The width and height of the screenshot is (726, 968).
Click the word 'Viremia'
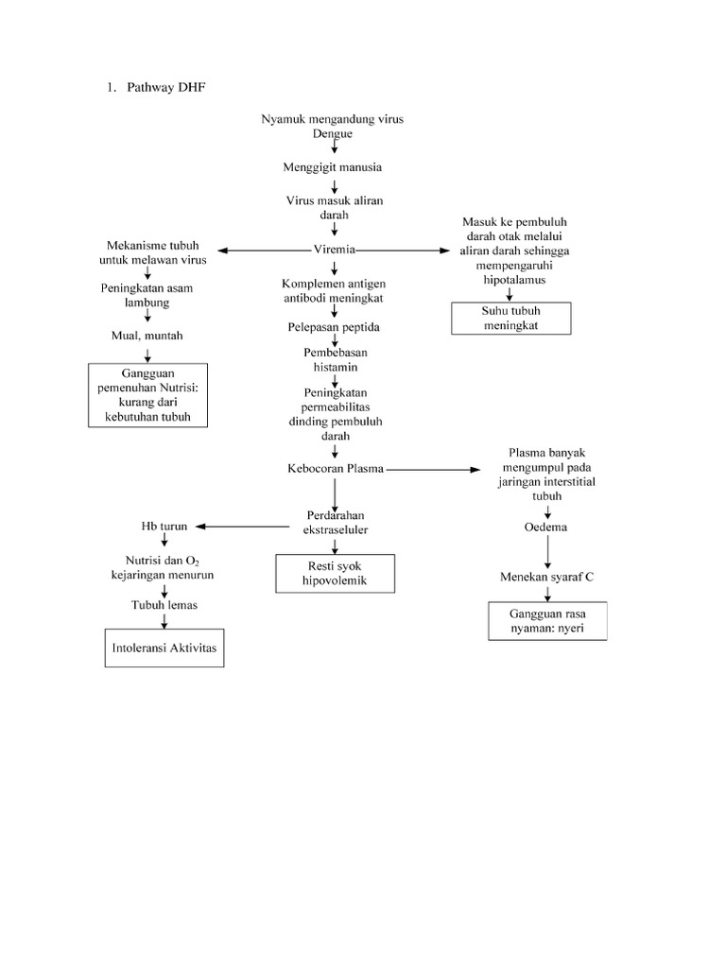334,250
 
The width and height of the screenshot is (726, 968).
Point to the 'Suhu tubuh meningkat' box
511,319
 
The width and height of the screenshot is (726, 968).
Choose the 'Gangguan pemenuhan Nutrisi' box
147,395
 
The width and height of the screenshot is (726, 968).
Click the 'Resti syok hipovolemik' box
335,574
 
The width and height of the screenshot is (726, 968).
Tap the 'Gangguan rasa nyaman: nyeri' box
546,620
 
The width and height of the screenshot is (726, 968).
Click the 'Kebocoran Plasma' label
335,469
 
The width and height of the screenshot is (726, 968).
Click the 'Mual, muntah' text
147,336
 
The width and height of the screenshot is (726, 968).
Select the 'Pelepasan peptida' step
334,326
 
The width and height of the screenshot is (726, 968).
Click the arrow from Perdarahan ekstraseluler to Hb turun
241,527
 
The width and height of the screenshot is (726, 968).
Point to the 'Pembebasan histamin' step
334,359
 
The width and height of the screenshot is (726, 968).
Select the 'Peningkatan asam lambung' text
147,295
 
